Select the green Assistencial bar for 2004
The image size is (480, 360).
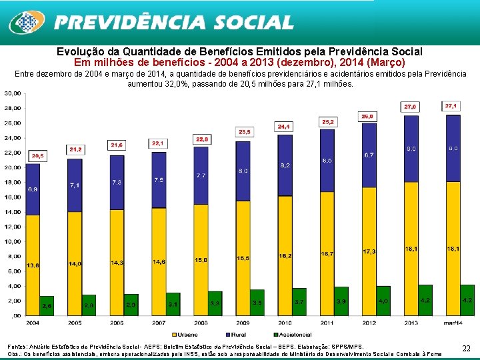point(47,306)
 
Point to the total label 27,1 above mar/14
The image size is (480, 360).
point(451,106)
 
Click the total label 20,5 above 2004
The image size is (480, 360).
point(38,155)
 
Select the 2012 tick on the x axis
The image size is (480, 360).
point(369,323)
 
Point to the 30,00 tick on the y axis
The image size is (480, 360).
point(13,93)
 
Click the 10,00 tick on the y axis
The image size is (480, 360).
point(13,241)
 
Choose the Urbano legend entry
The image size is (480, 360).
point(186,335)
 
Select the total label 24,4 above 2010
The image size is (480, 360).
point(284,127)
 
